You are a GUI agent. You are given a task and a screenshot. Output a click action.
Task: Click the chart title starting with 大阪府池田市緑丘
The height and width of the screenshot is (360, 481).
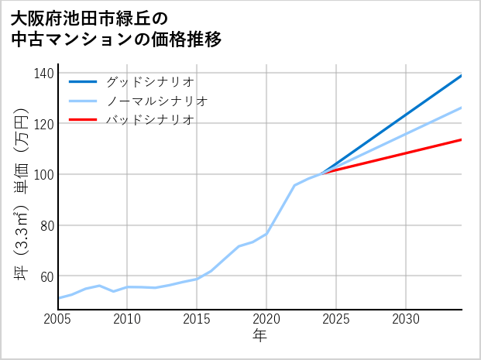(116, 28)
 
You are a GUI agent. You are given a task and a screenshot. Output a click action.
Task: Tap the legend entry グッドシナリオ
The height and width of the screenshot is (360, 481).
(149, 81)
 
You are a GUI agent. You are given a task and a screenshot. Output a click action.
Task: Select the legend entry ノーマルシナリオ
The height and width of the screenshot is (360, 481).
(156, 101)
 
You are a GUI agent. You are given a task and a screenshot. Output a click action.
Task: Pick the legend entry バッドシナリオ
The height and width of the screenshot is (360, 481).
(149, 120)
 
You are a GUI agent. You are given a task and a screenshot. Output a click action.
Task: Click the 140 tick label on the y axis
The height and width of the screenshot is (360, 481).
(44, 73)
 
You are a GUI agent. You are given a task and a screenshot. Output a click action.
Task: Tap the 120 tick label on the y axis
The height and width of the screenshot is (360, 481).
(44, 124)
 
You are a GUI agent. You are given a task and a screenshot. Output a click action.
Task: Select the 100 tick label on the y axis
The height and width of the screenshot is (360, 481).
(44, 175)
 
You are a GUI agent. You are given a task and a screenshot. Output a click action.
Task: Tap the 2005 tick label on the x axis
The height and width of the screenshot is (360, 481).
(58, 319)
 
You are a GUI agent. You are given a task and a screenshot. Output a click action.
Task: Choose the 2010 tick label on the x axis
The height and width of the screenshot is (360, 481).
(128, 319)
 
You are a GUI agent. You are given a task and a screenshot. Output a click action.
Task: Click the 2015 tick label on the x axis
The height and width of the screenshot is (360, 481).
(197, 319)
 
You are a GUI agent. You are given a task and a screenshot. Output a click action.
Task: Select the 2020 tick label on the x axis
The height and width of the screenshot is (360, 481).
(266, 319)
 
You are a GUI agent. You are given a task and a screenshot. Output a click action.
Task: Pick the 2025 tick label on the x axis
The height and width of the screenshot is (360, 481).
(336, 319)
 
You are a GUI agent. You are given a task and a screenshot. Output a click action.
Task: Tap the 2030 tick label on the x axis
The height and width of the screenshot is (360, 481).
(406, 319)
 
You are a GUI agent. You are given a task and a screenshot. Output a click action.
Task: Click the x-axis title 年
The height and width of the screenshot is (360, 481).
(259, 336)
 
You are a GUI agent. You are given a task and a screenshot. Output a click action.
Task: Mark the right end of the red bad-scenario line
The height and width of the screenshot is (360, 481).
(461, 139)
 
